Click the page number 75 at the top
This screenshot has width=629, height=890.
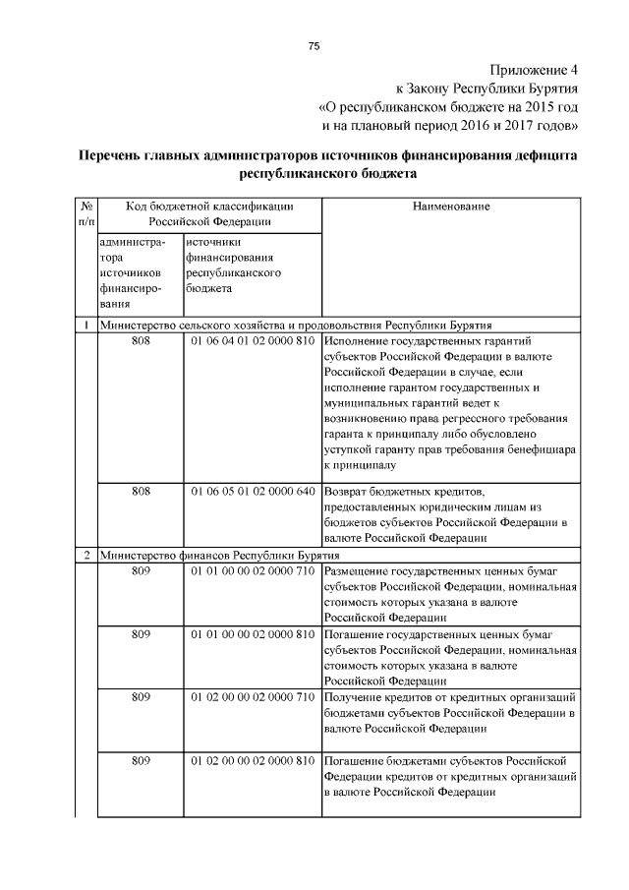[314, 46]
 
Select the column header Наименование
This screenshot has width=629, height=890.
[451, 207]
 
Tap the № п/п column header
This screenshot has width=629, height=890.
[85, 214]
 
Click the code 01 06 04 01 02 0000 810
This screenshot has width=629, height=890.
[253, 340]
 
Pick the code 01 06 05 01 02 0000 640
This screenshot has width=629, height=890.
[253, 490]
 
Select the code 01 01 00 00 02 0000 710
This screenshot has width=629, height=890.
[253, 570]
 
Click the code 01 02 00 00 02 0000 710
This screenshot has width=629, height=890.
[253, 696]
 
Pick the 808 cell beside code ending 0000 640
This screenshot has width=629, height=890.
[140, 490]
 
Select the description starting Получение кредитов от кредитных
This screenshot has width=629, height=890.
[447, 713]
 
